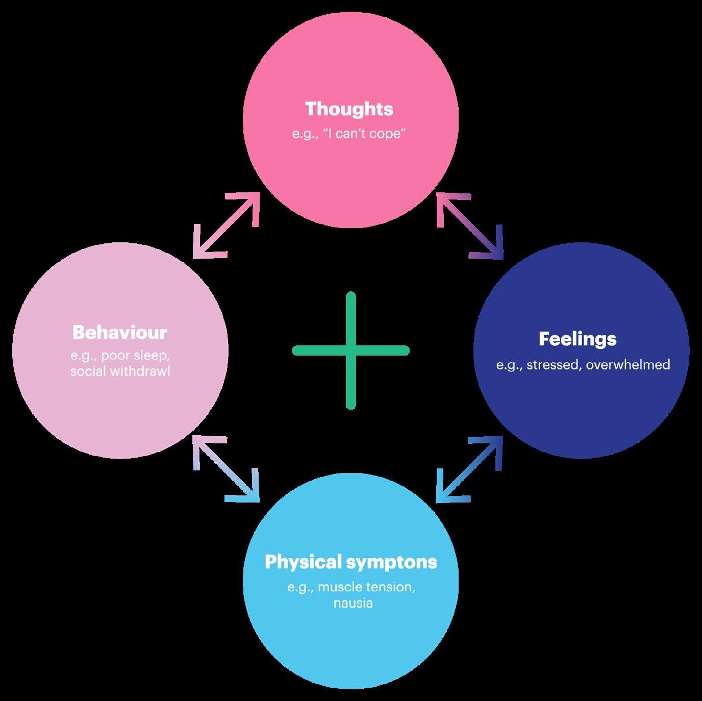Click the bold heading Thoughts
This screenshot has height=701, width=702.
tap(349, 109)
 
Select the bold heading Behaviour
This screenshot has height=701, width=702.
tap(119, 332)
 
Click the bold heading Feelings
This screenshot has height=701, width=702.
tap(578, 339)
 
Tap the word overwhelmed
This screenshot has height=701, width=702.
tap(628, 365)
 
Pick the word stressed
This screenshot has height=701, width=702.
tap(553, 365)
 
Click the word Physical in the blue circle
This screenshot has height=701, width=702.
tap(303, 562)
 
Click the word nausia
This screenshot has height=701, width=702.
tap(353, 603)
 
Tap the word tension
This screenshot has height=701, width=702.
tap(390, 587)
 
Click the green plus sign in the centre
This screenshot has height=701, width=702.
tap(350, 350)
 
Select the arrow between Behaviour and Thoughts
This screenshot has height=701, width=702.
tap(226, 225)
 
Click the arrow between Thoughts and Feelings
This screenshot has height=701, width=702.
tap(470, 225)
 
